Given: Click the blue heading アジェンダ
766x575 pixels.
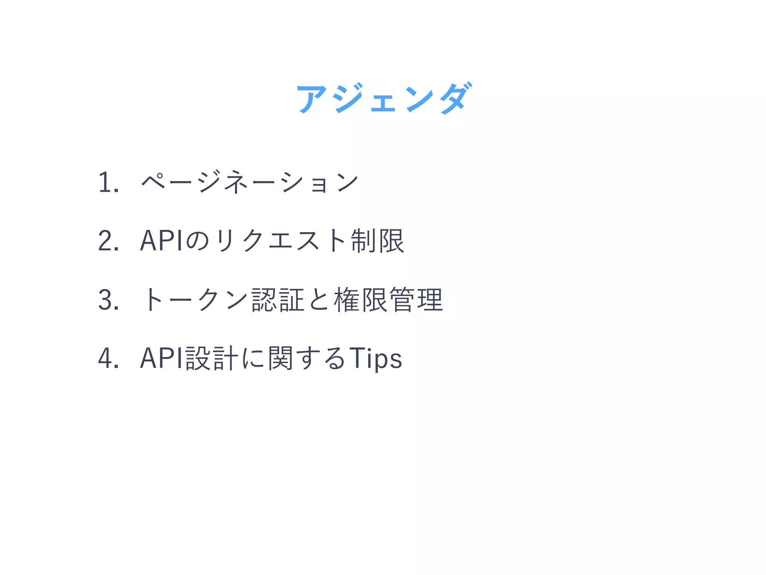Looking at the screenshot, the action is pyautogui.click(x=383, y=98).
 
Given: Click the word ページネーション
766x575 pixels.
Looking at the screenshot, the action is pyautogui.click(x=250, y=182).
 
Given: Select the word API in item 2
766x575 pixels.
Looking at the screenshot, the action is pyautogui.click(x=161, y=241).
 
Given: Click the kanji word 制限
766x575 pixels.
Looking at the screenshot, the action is pyautogui.click(x=377, y=241).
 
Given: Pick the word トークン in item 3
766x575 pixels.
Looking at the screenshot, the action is pyautogui.click(x=194, y=300).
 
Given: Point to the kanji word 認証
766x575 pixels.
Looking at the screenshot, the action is pyautogui.click(x=278, y=300).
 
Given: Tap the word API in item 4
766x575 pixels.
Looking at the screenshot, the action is pyautogui.click(x=161, y=359).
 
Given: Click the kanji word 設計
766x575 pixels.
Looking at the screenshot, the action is pyautogui.click(x=212, y=359).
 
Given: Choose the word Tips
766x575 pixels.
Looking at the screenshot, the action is pyautogui.click(x=376, y=359).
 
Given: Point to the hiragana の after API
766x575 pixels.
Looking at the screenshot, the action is pyautogui.click(x=197, y=241).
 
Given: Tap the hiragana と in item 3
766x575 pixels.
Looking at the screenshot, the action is pyautogui.click(x=319, y=300).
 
